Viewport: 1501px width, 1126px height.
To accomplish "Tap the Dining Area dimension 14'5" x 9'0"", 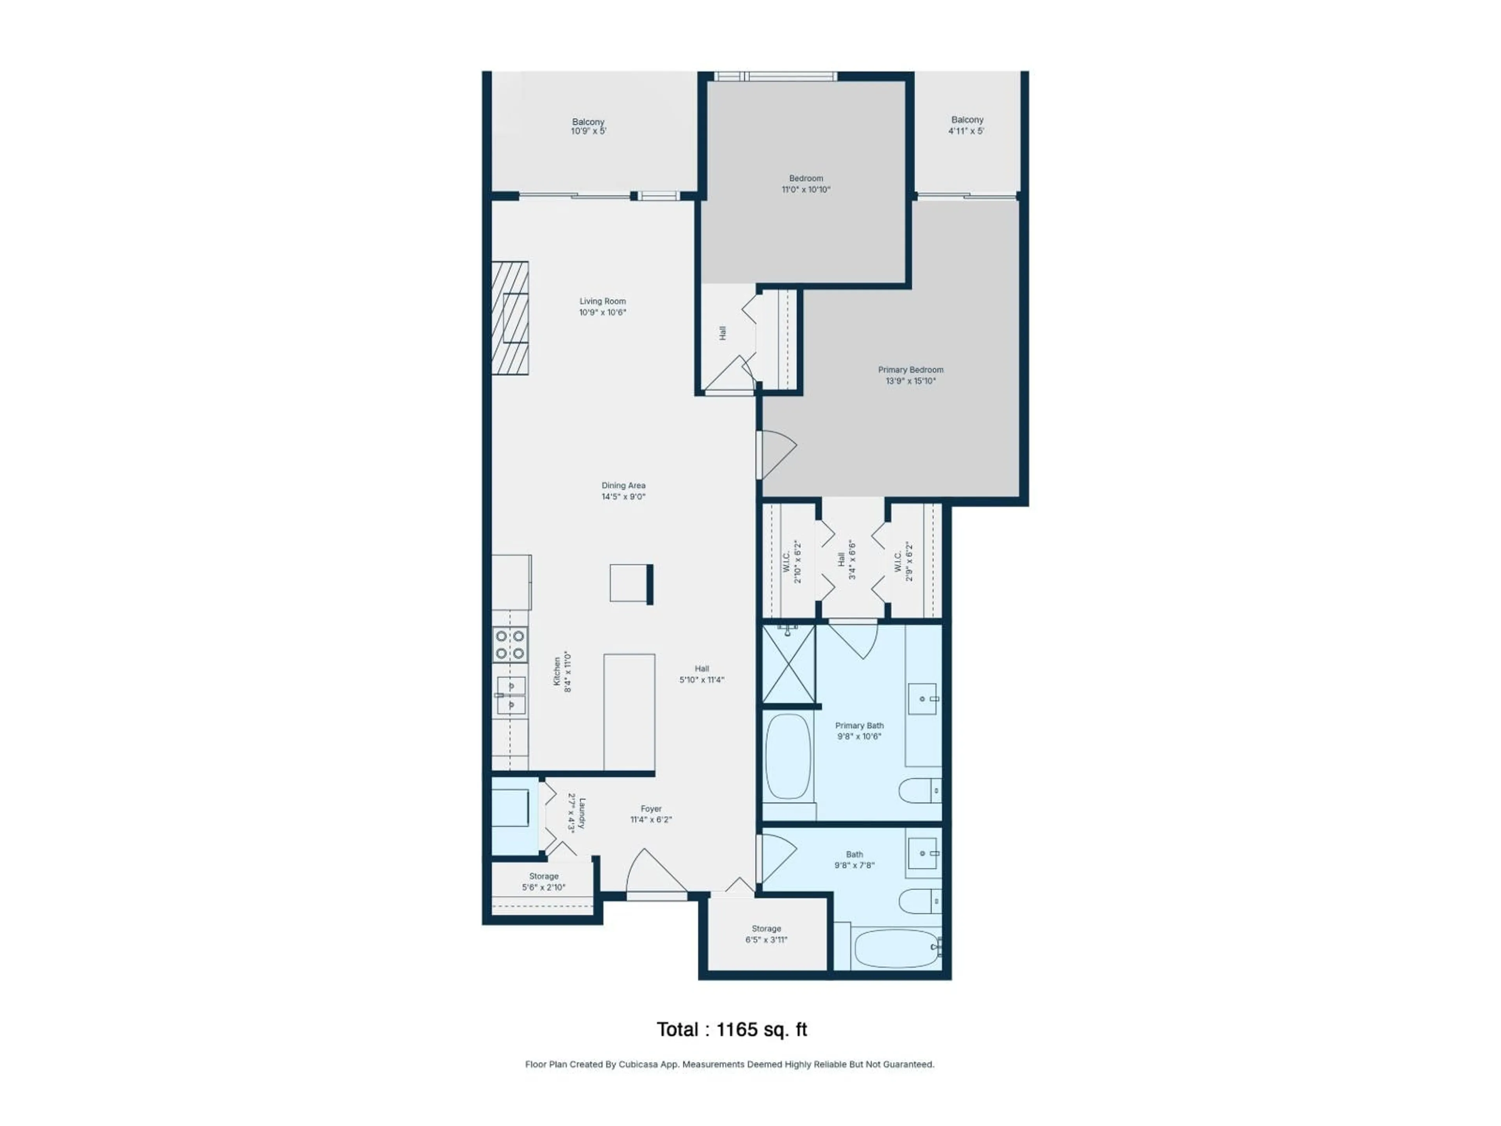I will (x=623, y=497).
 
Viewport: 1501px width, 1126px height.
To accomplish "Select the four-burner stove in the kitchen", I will (x=510, y=645).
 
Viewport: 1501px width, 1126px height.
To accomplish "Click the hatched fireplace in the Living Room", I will (x=510, y=317).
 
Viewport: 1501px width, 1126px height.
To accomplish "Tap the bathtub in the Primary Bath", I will (x=788, y=757).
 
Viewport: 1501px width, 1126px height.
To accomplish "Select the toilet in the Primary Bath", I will (x=919, y=791).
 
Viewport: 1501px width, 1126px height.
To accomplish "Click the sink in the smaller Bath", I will (x=922, y=854).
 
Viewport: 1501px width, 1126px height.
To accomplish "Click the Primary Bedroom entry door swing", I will (x=777, y=454).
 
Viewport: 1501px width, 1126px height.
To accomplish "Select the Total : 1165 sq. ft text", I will (x=731, y=1029).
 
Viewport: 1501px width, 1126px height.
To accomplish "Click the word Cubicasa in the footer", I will (x=639, y=1064).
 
